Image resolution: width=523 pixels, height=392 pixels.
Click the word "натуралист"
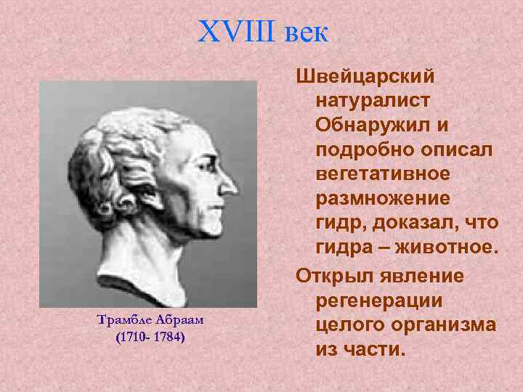373,102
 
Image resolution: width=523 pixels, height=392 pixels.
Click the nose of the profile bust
230,181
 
